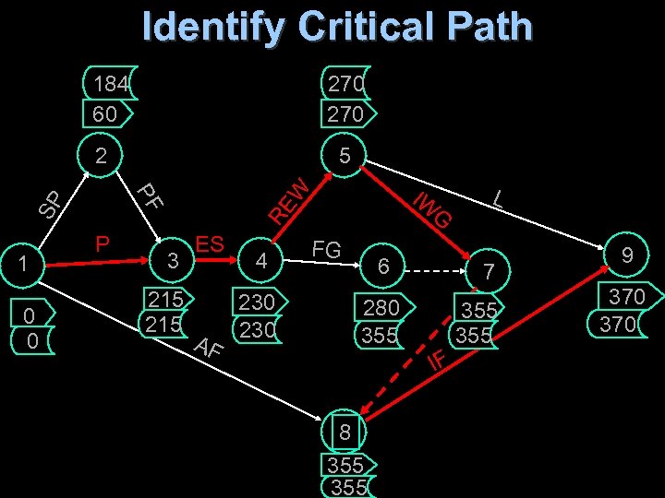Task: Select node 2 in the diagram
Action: coord(102,156)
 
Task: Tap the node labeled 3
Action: coord(170,261)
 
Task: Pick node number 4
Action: coord(262,261)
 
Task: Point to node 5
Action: coord(344,156)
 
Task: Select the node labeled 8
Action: coord(345,432)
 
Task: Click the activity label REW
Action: coord(288,196)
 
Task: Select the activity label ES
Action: coord(210,244)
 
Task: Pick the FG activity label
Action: coord(327,249)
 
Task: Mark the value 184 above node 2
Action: coord(111,84)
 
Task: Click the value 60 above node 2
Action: coord(105,113)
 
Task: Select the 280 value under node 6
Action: coord(381,307)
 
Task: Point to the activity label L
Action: coord(498,196)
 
